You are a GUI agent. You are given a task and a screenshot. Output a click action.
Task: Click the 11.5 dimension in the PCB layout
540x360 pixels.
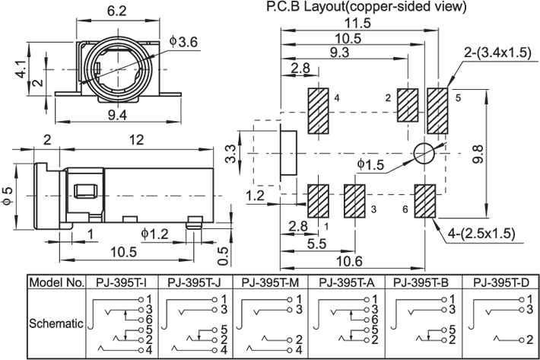tap(361, 23)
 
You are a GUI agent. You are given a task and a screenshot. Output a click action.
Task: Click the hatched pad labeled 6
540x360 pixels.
tap(424, 202)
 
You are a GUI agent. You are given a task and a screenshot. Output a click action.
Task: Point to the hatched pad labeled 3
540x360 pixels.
tap(355, 202)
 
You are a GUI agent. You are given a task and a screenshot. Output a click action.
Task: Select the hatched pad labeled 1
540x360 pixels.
tap(317, 202)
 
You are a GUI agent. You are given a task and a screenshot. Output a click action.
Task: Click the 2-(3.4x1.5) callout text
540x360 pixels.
tap(497, 52)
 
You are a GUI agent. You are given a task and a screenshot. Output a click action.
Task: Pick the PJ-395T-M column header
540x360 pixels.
tap(272, 282)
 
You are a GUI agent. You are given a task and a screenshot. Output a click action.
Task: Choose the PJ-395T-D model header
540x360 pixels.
tap(500, 282)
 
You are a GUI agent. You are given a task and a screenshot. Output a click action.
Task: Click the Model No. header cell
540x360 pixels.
tap(56, 282)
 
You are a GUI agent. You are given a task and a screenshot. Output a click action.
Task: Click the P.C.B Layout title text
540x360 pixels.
tap(366, 7)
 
